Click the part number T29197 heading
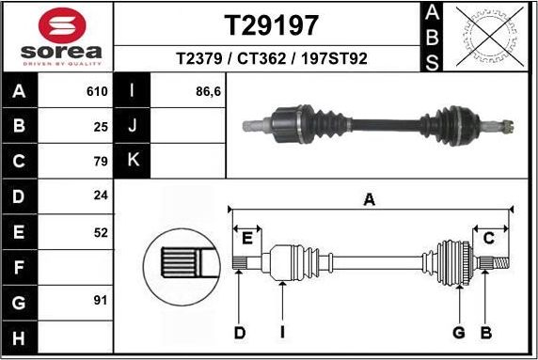pyautogui.click(x=271, y=24)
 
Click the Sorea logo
pyautogui.click(x=58, y=36)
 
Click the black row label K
pyautogui.click(x=133, y=160)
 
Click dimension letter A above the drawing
pyautogui.click(x=370, y=198)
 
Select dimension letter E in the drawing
pyautogui.click(x=247, y=237)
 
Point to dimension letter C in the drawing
pyautogui.click(x=488, y=239)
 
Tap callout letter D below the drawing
pyautogui.click(x=240, y=332)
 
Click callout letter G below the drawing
pyautogui.click(x=459, y=332)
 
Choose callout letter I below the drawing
pyautogui.click(x=281, y=332)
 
